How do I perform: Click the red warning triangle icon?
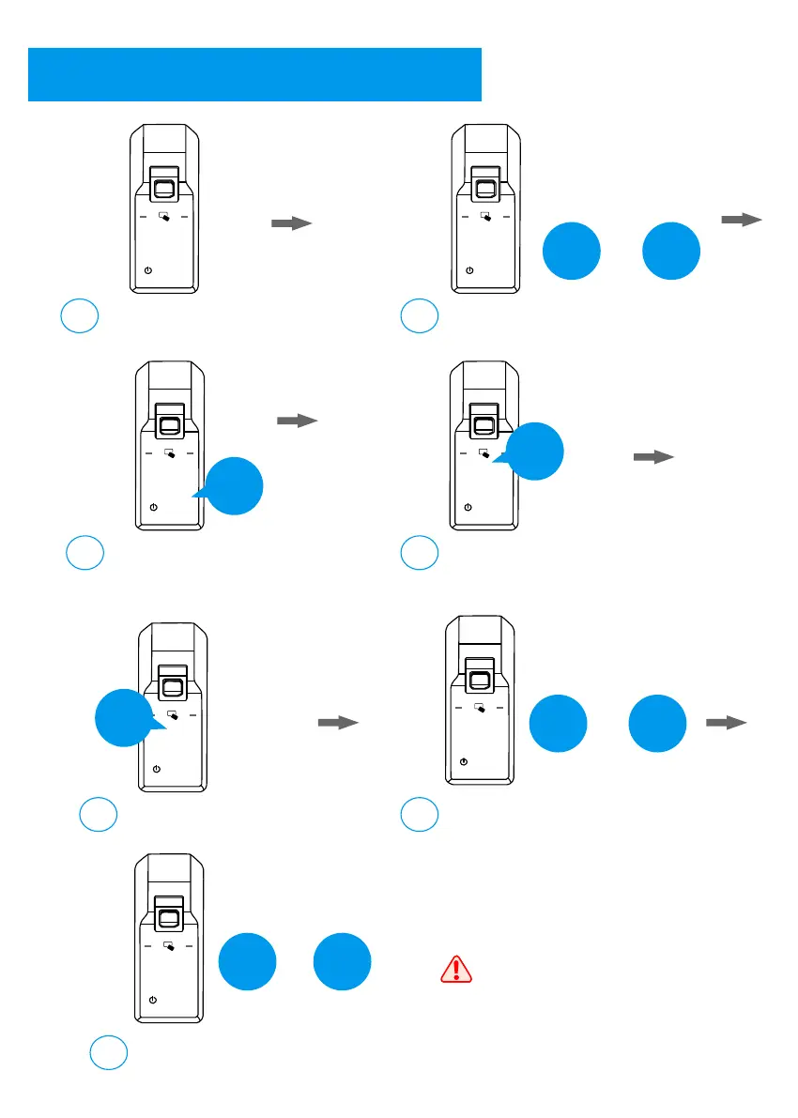(455, 968)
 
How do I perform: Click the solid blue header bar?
(254, 74)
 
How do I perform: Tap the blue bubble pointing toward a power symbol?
(234, 486)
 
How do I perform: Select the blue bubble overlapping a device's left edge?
(124, 718)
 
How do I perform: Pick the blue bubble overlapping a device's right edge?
(535, 452)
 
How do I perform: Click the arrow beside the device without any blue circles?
(291, 223)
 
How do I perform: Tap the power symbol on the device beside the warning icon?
(153, 1000)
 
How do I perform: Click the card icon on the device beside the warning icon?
(168, 946)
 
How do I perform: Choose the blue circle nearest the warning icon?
(343, 961)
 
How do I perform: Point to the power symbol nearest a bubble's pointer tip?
(153, 506)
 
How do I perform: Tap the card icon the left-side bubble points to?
(173, 714)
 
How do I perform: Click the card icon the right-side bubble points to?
(484, 454)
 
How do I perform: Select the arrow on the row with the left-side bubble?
(338, 723)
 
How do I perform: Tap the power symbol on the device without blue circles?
(148, 270)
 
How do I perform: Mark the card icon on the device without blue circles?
(164, 217)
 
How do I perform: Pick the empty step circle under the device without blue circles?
(80, 315)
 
